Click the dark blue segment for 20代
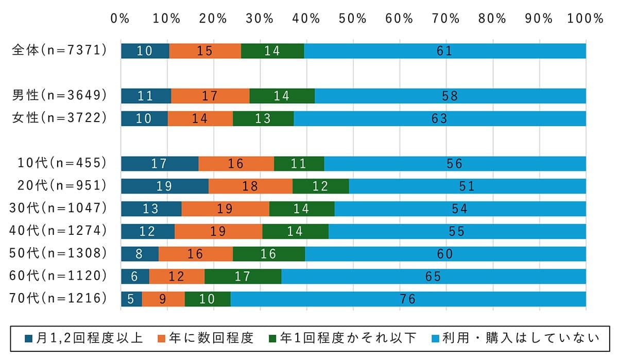click(164, 186)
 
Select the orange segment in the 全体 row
click(205, 51)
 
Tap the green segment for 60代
click(243, 277)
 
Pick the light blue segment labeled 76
click(408, 299)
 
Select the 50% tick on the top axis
click(353, 19)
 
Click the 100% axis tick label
click(585, 19)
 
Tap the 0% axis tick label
click(120, 19)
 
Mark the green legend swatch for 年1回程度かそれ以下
click(273, 338)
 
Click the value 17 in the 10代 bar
click(159, 164)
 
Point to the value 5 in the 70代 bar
click(130, 299)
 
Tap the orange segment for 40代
click(218, 231)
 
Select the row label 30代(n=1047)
click(58, 209)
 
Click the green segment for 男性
click(282, 96)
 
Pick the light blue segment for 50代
click(445, 254)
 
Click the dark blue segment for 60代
click(134, 277)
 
